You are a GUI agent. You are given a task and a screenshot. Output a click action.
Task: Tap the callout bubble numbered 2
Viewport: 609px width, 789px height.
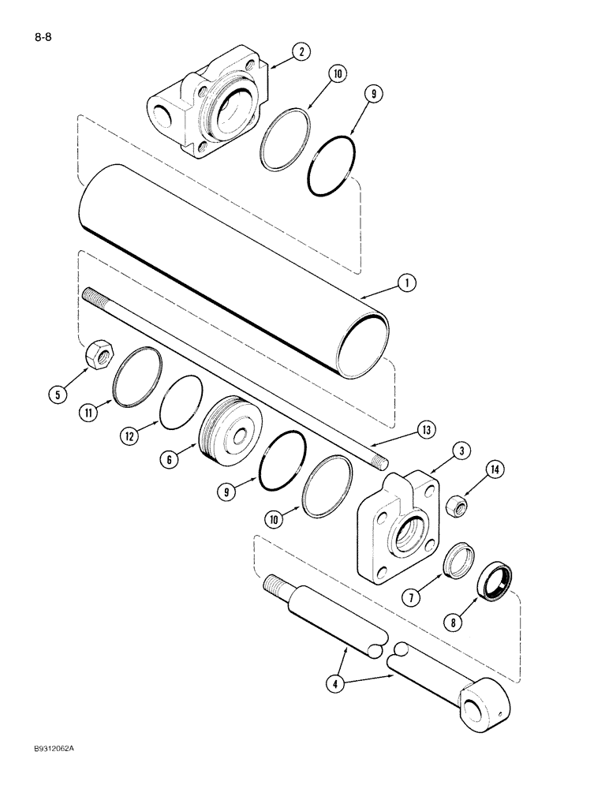pos(301,53)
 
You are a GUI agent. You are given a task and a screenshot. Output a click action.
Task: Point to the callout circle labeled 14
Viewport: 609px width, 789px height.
pos(494,469)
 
